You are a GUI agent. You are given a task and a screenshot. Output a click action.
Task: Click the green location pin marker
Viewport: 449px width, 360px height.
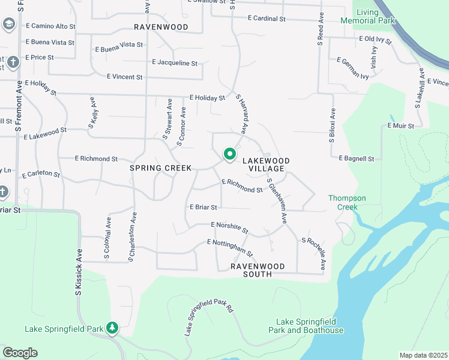coord(229,154)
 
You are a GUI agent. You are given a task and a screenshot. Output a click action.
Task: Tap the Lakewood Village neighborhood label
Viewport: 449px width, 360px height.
coord(266,164)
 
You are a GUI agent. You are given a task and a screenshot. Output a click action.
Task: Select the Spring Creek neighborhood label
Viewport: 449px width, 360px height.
coord(160,168)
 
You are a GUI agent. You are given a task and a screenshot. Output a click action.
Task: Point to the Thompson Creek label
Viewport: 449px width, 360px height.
coord(347,202)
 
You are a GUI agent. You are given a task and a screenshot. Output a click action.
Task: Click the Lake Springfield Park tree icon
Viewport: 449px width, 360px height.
coord(112,328)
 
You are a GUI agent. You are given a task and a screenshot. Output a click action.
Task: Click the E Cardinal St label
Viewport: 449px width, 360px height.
coord(267,19)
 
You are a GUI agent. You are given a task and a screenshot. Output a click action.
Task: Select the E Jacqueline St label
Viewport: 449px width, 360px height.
coord(175,62)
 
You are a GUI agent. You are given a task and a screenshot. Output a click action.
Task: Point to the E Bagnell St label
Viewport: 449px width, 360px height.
coord(357,158)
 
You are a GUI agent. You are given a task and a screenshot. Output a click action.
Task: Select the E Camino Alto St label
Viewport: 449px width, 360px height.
coord(51,26)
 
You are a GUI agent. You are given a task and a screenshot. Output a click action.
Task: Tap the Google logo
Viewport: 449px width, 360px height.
coord(20,353)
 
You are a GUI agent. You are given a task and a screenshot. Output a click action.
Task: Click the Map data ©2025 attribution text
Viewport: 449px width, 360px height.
coord(423,355)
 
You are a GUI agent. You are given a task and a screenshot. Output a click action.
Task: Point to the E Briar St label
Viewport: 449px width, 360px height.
coord(203,207)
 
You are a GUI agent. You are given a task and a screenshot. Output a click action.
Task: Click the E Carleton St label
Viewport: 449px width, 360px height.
coord(41,175)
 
